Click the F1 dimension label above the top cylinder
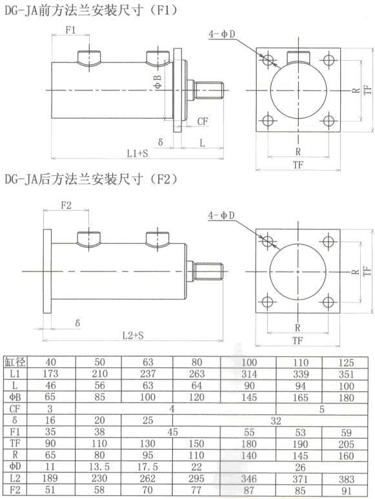[x=72, y=30]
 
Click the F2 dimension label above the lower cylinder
[x=66, y=206]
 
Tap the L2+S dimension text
[x=136, y=335]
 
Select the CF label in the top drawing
[x=202, y=121]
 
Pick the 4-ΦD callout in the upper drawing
[x=221, y=33]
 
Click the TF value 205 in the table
[x=347, y=442]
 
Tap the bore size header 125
[x=347, y=361]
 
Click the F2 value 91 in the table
[x=347, y=489]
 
